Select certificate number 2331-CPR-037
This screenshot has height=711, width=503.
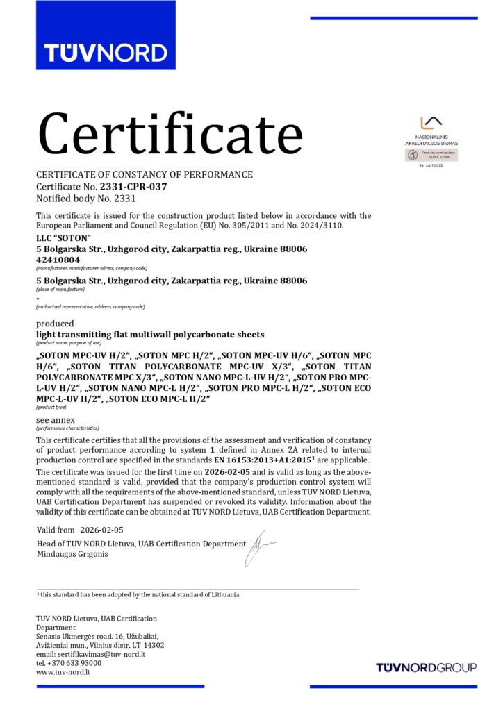pos(133,187)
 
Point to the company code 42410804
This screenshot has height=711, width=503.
pos(58,260)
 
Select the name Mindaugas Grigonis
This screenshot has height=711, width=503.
pos(72,554)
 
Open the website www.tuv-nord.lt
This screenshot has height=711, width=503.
pos(63,672)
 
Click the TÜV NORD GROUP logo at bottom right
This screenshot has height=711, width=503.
pos(426,667)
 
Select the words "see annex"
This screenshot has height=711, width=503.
pos(56,420)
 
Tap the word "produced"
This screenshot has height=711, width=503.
pos(55,324)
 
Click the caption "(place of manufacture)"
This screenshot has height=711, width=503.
pos(60,289)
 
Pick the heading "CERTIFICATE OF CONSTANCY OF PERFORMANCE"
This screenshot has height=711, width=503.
pos(145,174)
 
